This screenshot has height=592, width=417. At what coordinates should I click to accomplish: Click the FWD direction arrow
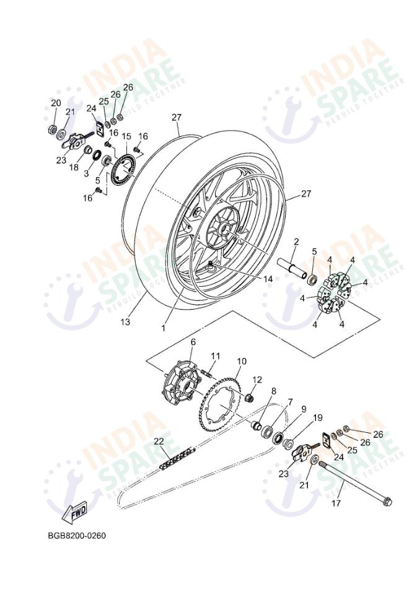point(75,513)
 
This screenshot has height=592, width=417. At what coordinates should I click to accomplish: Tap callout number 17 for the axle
point(336,503)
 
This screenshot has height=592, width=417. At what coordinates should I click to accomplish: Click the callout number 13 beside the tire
point(126,322)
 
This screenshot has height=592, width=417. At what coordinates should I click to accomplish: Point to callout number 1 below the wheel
point(164,328)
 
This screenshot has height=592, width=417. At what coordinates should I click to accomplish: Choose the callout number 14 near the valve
point(268,279)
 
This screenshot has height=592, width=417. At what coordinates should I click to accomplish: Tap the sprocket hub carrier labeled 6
point(177,385)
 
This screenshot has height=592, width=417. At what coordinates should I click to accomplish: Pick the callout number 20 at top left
point(56,103)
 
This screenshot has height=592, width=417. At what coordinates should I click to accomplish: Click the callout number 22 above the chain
point(159,441)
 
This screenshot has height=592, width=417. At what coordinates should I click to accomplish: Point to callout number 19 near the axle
point(317,418)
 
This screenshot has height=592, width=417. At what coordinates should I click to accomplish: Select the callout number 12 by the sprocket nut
point(257,380)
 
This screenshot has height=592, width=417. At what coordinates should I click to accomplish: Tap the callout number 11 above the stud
point(215,355)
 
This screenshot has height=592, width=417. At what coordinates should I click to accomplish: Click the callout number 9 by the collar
point(304,409)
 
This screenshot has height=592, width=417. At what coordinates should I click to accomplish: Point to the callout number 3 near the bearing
point(86,174)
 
